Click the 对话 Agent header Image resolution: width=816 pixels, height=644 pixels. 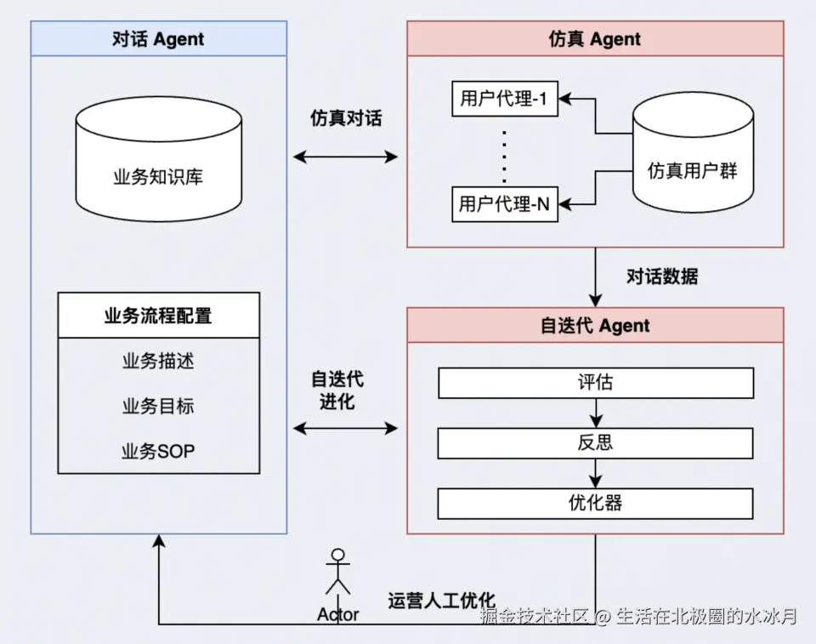pyautogui.click(x=158, y=39)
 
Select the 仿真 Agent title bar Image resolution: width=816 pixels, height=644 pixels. pyautogui.click(x=595, y=39)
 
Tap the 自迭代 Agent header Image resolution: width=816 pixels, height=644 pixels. pyautogui.click(x=595, y=326)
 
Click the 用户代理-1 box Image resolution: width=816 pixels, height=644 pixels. pyautogui.click(x=504, y=100)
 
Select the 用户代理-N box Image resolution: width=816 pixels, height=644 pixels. pyautogui.click(x=504, y=204)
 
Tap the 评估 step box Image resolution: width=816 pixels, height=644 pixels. pyautogui.click(x=595, y=383)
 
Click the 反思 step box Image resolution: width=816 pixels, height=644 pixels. pyautogui.click(x=595, y=443)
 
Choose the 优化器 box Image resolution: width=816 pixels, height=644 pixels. pyautogui.click(x=595, y=503)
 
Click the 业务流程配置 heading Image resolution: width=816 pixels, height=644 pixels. pyautogui.click(x=158, y=316)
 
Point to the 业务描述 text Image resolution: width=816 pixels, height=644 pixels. pyautogui.click(x=158, y=361)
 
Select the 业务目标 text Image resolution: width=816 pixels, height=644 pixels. pyautogui.click(x=158, y=406)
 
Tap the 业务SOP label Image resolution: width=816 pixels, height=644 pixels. pyautogui.click(x=158, y=451)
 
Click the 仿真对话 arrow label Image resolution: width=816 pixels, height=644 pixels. pyautogui.click(x=346, y=118)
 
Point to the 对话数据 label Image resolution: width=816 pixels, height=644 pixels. pyautogui.click(x=662, y=276)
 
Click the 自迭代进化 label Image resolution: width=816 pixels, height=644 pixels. pyautogui.click(x=337, y=390)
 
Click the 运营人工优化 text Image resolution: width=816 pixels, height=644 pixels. pyautogui.click(x=441, y=600)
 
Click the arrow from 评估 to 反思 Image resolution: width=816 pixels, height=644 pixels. pyautogui.click(x=595, y=413)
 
